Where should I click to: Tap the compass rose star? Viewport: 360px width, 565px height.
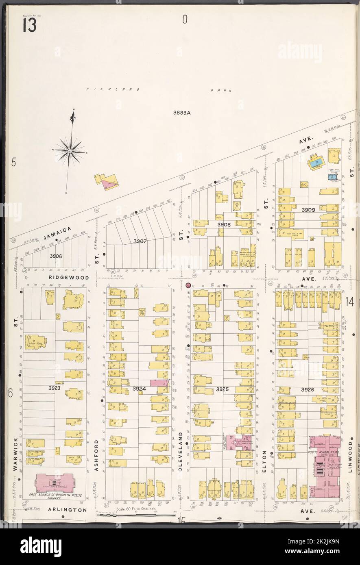click(70, 151)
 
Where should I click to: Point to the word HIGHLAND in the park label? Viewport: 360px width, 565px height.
click(113, 89)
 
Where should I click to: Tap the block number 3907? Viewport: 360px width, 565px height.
click(140, 241)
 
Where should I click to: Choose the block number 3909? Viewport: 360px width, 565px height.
click(308, 210)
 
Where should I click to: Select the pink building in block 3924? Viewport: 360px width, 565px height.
click(159, 382)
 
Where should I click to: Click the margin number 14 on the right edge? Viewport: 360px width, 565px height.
click(350, 301)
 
